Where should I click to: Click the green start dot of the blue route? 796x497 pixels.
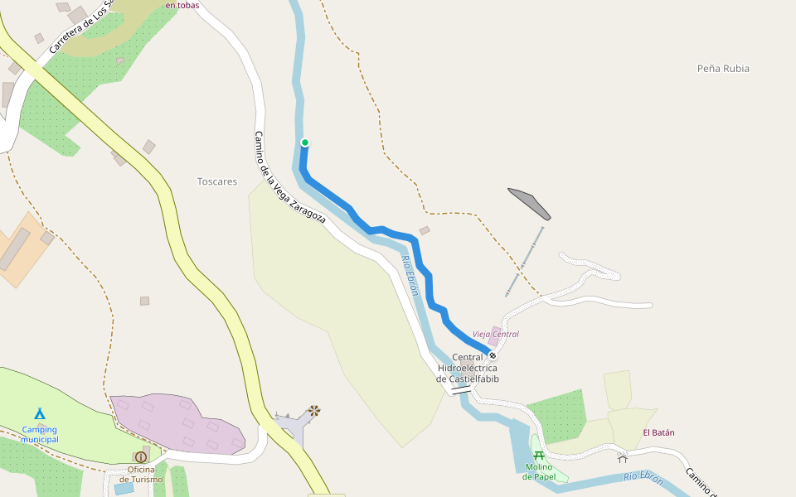(304, 142)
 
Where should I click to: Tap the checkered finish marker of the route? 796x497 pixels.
(493, 355)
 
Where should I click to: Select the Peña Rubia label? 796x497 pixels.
(723, 69)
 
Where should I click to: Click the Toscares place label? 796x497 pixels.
(217, 181)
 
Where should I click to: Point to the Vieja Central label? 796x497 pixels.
(495, 335)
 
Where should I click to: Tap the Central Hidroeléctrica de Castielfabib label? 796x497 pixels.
(468, 368)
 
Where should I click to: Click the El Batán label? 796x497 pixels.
(658, 432)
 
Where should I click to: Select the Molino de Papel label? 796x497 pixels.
(538, 471)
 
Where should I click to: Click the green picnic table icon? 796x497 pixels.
(539, 455)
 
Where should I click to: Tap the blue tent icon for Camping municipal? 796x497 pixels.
(39, 413)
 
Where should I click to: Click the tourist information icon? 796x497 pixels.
(141, 456)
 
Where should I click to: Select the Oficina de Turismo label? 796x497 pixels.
(141, 474)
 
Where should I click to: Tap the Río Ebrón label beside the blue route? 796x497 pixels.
(409, 274)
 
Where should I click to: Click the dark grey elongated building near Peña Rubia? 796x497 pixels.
(528, 203)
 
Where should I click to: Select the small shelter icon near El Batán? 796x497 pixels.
(623, 457)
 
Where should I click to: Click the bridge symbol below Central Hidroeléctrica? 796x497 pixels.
(460, 388)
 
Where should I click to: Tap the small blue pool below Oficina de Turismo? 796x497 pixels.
(124, 488)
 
